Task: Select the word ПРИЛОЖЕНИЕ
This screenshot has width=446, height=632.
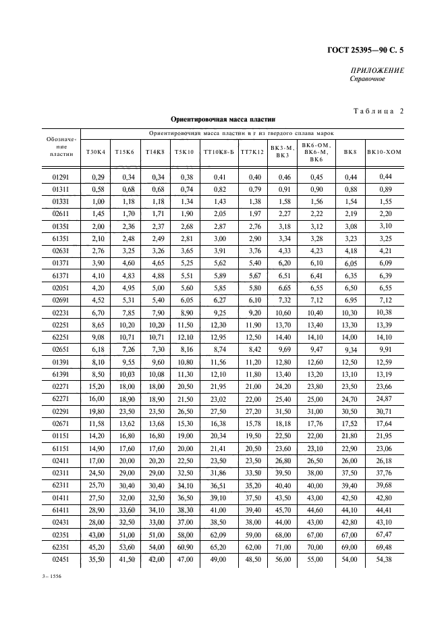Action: point(377,71)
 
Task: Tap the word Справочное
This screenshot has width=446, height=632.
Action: point(367,80)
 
